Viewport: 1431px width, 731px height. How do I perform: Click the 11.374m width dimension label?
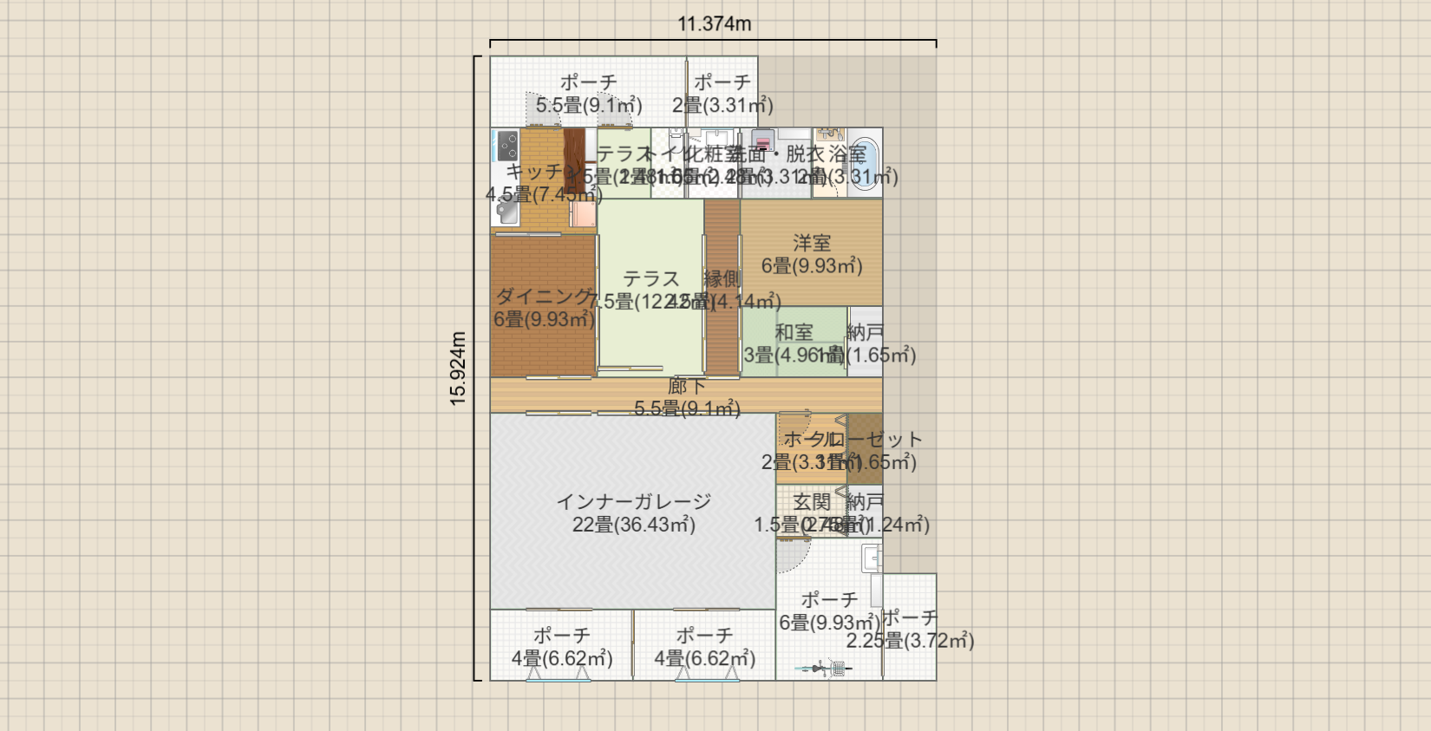tap(714, 24)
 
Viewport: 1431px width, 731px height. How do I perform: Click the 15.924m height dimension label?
tap(458, 369)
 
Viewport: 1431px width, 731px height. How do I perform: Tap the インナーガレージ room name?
tap(633, 501)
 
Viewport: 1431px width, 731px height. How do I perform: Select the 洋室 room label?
tap(812, 243)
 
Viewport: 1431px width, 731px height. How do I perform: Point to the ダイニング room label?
tap(543, 297)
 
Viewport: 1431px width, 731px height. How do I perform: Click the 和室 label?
tap(794, 332)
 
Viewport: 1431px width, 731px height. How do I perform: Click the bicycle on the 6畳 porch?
tap(827, 668)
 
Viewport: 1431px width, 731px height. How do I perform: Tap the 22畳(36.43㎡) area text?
tap(633, 525)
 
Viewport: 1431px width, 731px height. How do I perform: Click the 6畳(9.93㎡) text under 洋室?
tap(812, 266)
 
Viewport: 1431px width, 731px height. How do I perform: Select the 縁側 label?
tap(722, 278)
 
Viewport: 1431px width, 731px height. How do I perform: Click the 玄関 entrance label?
tap(812, 502)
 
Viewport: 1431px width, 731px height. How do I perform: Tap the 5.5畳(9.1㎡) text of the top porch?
tap(589, 106)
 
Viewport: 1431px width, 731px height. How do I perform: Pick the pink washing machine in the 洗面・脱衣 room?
tap(762, 141)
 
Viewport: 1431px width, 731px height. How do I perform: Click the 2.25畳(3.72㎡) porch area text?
tap(910, 641)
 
